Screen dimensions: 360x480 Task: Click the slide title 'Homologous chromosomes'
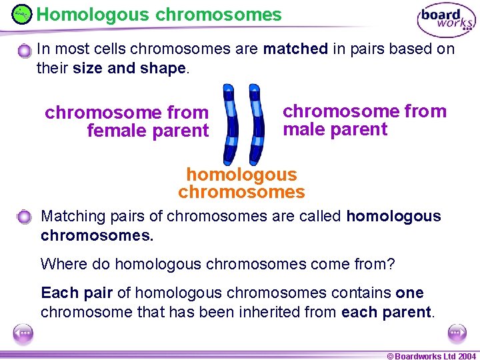click(x=159, y=14)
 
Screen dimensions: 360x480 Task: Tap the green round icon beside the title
click(x=21, y=14)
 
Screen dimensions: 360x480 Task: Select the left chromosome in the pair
click(x=230, y=124)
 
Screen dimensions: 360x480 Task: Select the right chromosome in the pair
click(x=255, y=124)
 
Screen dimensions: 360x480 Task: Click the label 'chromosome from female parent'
click(x=127, y=121)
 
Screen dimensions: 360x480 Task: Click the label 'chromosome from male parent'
click(x=364, y=120)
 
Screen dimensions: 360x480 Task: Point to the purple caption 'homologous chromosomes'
click(x=241, y=183)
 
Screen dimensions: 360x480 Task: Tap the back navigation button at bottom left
click(x=23, y=333)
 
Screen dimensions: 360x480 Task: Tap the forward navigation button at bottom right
click(x=457, y=333)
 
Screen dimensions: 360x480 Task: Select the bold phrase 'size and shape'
click(x=130, y=69)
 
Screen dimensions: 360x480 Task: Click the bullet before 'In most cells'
click(x=25, y=51)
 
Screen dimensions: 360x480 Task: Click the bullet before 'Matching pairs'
click(x=25, y=217)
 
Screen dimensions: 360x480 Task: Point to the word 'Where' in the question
click(x=61, y=264)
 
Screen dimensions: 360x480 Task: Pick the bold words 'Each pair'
click(x=77, y=293)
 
